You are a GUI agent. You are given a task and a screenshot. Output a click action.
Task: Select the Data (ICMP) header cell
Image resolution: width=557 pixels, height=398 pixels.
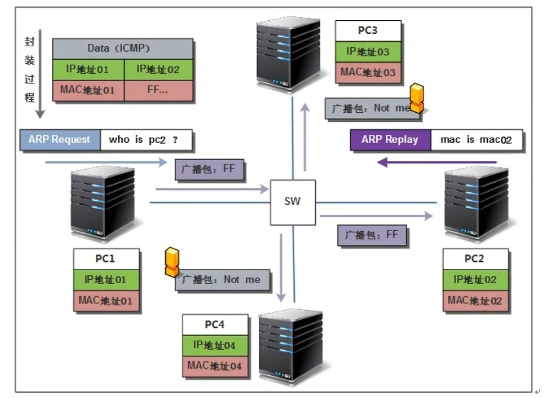tap(123, 49)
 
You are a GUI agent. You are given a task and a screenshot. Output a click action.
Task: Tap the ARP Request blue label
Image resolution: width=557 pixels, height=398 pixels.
tap(60, 140)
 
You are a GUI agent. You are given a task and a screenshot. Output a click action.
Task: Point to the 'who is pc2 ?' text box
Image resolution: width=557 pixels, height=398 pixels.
tap(146, 140)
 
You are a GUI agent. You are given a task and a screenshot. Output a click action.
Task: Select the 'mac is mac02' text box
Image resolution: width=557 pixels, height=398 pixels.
tap(477, 140)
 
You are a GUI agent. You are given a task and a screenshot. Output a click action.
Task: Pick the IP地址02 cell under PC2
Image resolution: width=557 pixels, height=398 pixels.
tap(475, 280)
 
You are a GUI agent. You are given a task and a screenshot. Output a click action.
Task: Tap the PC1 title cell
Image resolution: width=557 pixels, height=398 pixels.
tap(106, 259)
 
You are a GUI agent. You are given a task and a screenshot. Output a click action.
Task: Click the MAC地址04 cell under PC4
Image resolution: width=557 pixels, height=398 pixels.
tap(215, 366)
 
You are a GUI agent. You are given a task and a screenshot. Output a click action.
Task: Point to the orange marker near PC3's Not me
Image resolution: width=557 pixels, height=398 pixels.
tap(417, 99)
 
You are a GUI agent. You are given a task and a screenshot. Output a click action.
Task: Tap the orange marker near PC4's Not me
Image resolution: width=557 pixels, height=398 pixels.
tap(172, 261)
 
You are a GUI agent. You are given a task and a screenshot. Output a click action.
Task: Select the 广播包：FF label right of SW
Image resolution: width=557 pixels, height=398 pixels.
tap(372, 235)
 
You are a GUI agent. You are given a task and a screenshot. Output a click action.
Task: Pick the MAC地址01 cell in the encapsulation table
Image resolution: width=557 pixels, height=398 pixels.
tap(87, 90)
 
